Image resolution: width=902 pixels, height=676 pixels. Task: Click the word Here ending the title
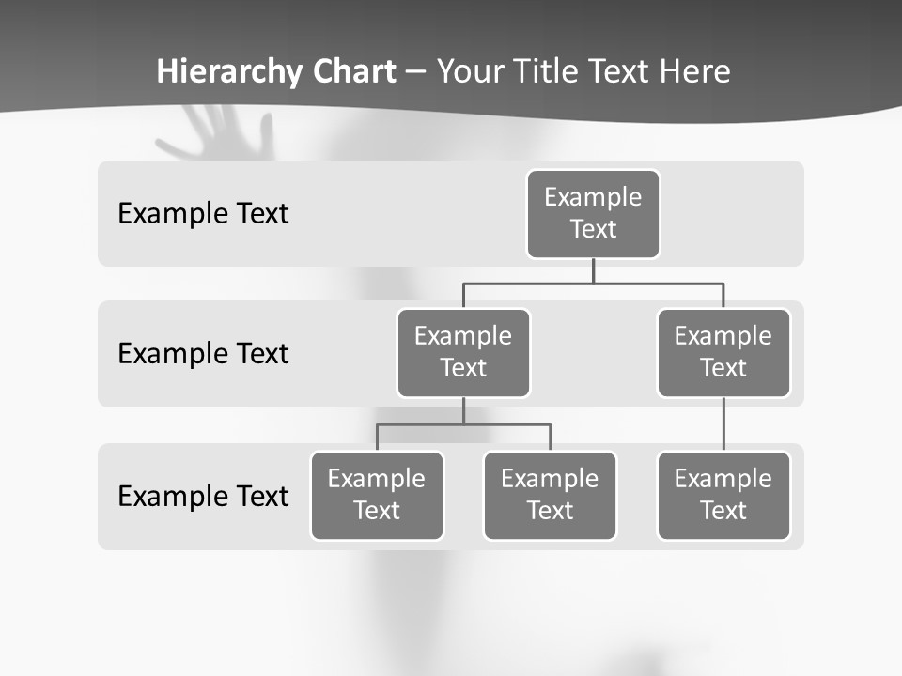(x=695, y=71)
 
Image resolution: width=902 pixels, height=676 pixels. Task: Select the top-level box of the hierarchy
(x=593, y=214)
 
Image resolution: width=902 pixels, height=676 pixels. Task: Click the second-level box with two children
(x=463, y=353)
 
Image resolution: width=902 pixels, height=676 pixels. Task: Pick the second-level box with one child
(x=723, y=353)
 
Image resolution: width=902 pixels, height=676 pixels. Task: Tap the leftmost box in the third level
(x=377, y=496)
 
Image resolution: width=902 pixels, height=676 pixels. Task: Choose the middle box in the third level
(x=550, y=496)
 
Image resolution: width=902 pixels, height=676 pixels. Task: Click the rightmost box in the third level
(x=723, y=496)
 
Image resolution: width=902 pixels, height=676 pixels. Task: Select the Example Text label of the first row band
(x=203, y=214)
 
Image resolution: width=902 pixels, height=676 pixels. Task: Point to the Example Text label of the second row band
(x=203, y=354)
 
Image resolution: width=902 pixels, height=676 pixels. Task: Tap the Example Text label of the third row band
(x=203, y=496)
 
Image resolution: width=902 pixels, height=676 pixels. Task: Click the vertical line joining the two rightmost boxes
(x=723, y=424)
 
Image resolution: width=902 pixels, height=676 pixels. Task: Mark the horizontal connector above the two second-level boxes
(x=593, y=282)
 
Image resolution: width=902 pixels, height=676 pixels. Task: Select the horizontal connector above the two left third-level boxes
(x=463, y=424)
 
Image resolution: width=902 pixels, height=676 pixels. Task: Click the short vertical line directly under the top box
(x=593, y=270)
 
